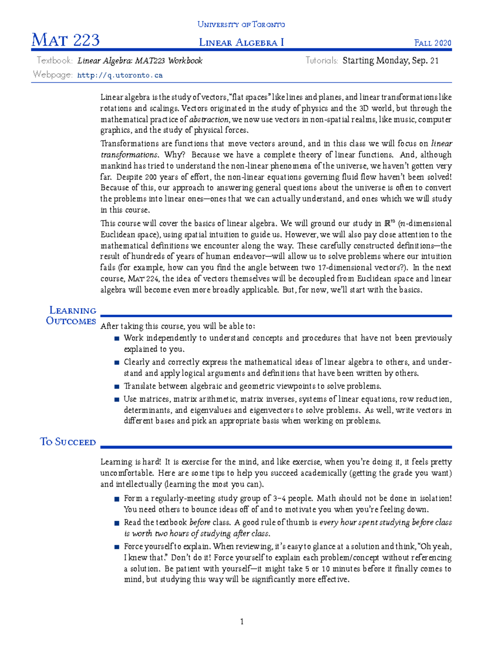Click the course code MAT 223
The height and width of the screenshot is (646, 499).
coord(66,40)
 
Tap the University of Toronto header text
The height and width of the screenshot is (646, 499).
coord(241,25)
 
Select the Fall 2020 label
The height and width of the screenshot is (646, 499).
coord(432,43)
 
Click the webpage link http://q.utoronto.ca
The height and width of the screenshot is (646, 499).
coord(120,75)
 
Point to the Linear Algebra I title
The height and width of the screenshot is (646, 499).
coord(241,42)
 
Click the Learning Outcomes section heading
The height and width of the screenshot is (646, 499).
coord(72,316)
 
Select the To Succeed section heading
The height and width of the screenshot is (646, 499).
coord(68,442)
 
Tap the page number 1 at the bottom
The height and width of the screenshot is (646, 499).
coord(242,621)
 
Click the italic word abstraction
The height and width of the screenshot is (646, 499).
coord(209,119)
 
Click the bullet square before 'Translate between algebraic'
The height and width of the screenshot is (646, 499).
coord(117,386)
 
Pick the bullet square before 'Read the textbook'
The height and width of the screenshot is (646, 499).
coord(117,523)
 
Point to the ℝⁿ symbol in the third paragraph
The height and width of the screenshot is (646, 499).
coord(390,223)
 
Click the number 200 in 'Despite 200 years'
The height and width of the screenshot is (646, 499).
coord(151,177)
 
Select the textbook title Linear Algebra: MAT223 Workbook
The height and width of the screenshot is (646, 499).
coord(140,61)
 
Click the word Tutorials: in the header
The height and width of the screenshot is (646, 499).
coord(321,61)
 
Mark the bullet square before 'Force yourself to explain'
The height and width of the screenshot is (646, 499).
coord(117,547)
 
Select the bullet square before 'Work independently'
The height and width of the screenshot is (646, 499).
coord(117,339)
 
